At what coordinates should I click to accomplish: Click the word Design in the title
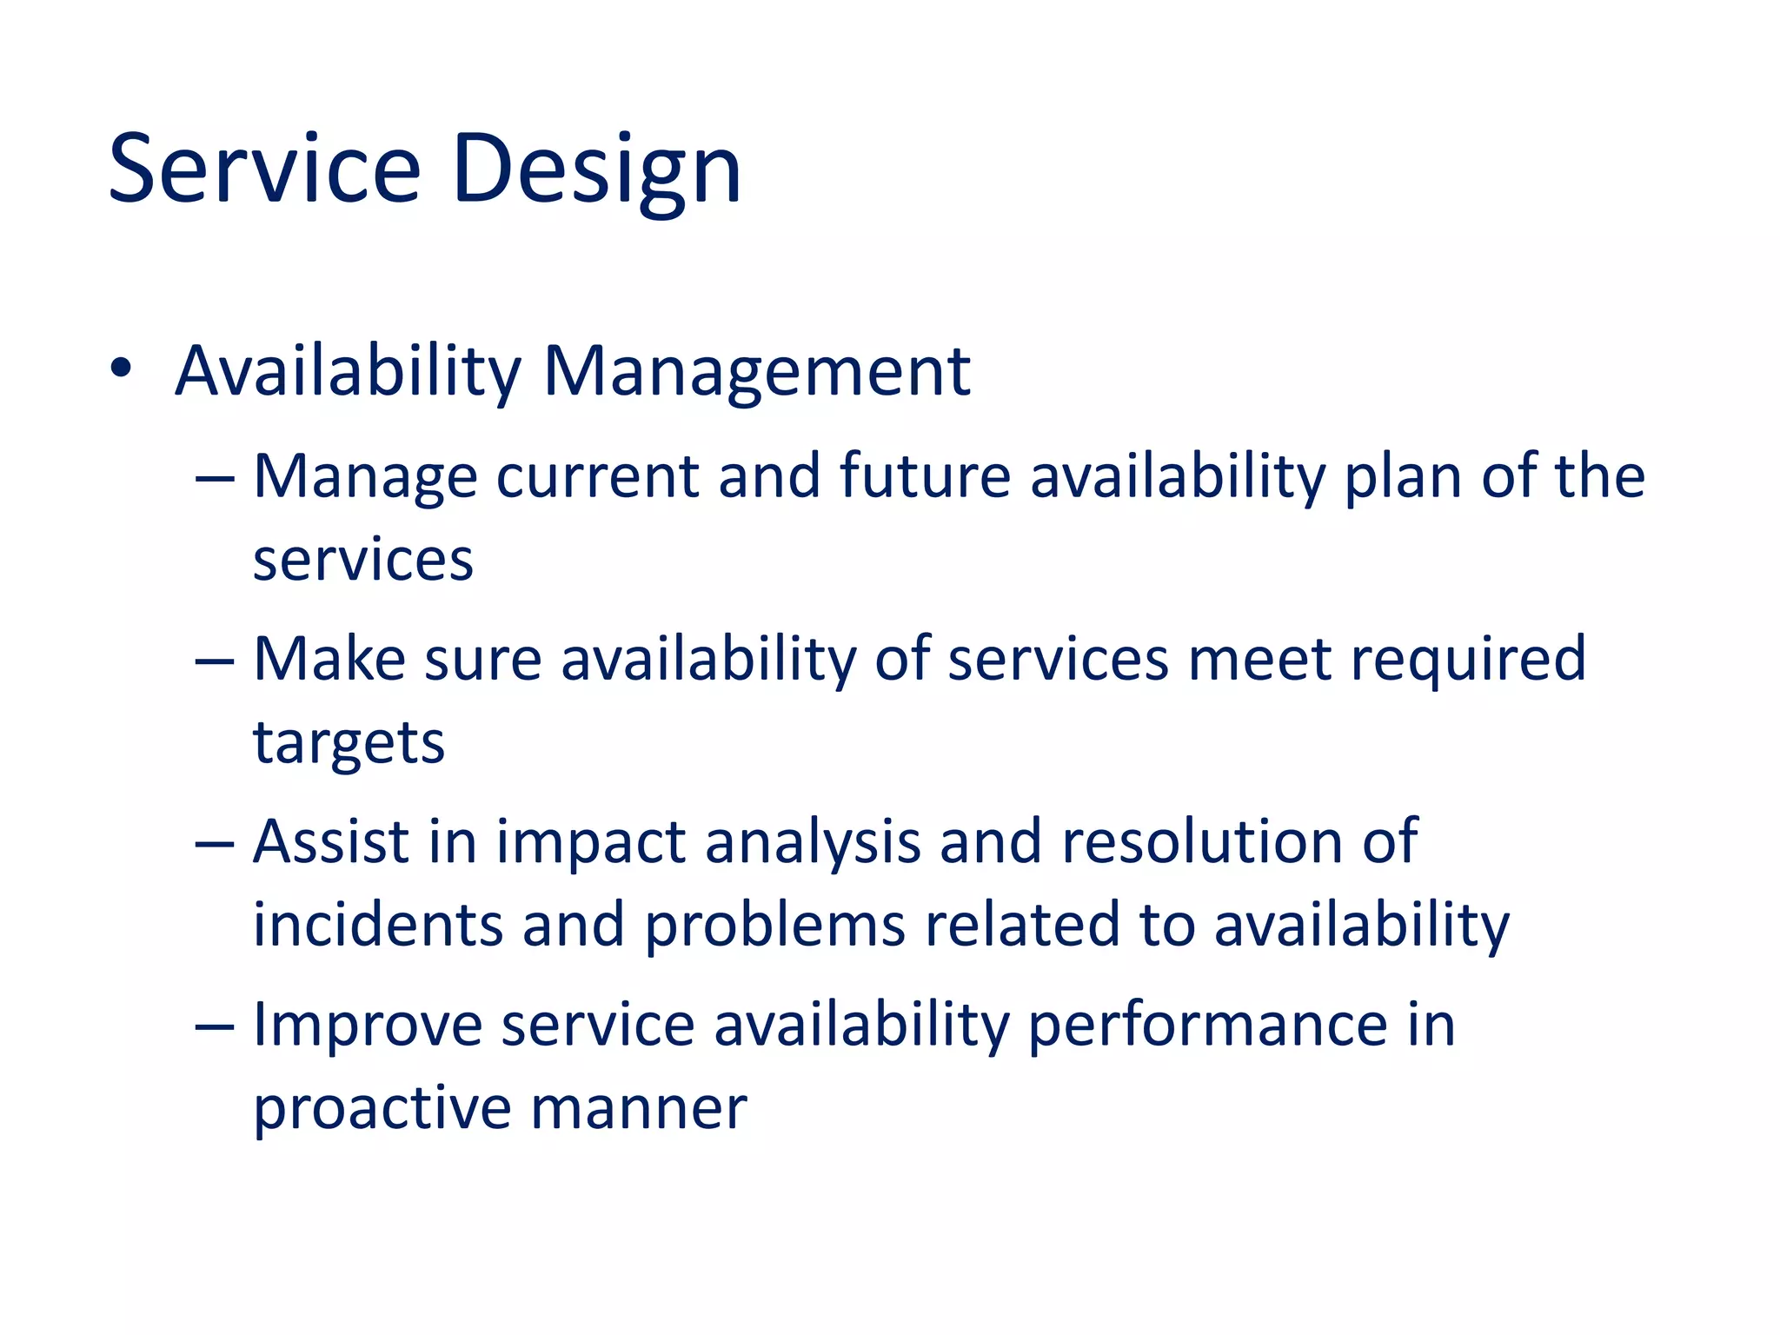tap(596, 169)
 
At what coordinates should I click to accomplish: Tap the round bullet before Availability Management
tap(121, 369)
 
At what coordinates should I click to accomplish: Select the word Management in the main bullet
tap(756, 372)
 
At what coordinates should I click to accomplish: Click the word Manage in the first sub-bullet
tap(365, 477)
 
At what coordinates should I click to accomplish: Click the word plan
tap(1403, 477)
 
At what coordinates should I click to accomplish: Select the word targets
tap(349, 744)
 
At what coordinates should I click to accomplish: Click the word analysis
tap(813, 843)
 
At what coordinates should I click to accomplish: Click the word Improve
tap(367, 1026)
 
